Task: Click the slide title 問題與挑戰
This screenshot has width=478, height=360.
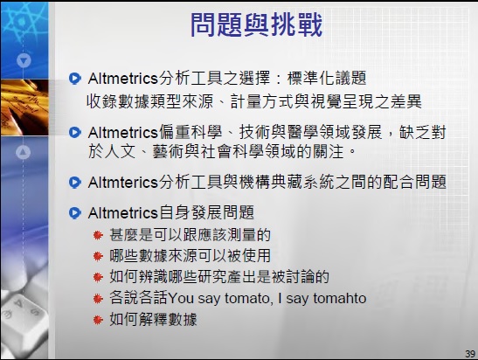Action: coord(256,25)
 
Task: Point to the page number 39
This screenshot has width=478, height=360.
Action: coord(468,351)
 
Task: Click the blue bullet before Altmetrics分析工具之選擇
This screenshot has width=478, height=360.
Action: coord(75,79)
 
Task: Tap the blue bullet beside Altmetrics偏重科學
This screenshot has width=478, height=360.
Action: coord(75,132)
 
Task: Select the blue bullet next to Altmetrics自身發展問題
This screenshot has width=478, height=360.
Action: coord(75,212)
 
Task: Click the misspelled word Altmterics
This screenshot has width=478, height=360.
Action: coord(121,183)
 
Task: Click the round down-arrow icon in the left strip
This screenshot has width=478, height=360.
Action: coord(24,61)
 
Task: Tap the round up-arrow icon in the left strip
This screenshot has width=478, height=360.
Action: coord(24,151)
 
